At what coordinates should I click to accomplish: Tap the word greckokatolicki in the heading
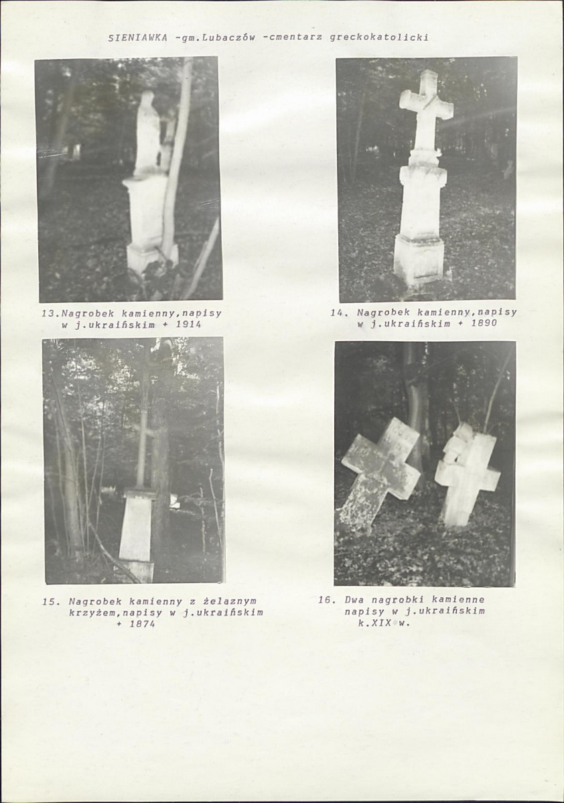[x=379, y=38]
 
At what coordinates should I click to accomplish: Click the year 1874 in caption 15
[x=142, y=624]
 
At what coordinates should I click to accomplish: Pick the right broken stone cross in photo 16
[x=468, y=474]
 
